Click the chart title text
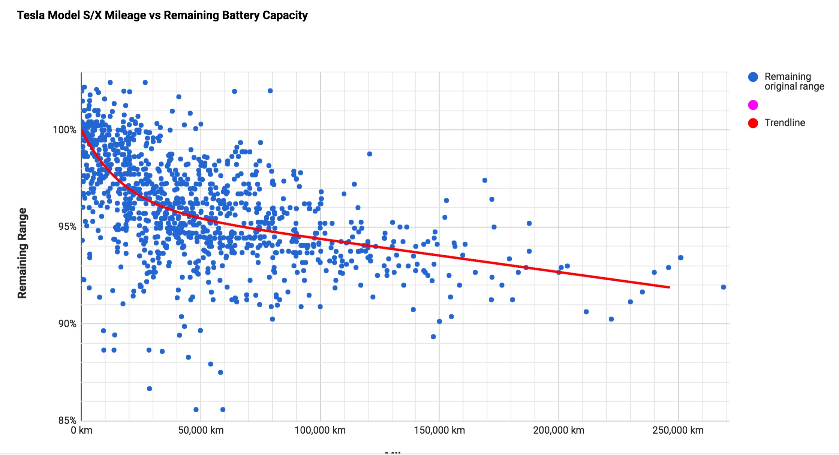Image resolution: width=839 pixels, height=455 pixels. tap(162, 15)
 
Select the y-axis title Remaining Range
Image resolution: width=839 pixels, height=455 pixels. tap(22, 253)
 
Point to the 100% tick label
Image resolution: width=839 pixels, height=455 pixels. tap(64, 130)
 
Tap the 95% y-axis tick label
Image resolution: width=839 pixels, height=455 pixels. tap(67, 227)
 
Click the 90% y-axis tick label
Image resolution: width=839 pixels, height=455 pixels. tap(67, 323)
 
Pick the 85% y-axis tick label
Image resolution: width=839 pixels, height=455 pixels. tap(67, 420)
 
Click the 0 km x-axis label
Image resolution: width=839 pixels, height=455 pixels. tap(81, 430)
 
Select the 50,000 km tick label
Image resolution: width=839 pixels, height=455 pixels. tap(201, 430)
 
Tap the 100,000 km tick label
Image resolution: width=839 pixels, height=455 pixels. tap(320, 430)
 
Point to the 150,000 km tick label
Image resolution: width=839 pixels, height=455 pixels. tap(439, 430)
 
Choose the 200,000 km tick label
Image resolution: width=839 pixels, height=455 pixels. tap(558, 430)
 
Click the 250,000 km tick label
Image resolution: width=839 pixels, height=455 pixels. tap(678, 430)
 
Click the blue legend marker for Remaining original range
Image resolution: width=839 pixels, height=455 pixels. tap(753, 77)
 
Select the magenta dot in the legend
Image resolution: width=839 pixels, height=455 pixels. tap(753, 105)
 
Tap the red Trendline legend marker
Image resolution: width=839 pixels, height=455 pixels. tap(753, 123)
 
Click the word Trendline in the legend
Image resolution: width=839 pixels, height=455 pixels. tap(785, 123)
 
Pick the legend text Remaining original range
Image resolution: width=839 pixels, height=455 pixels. tap(794, 81)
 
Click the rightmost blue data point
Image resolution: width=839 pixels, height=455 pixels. tap(723, 287)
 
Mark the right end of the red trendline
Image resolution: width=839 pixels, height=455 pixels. tap(669, 287)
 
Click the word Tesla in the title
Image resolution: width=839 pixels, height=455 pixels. tap(29, 15)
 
